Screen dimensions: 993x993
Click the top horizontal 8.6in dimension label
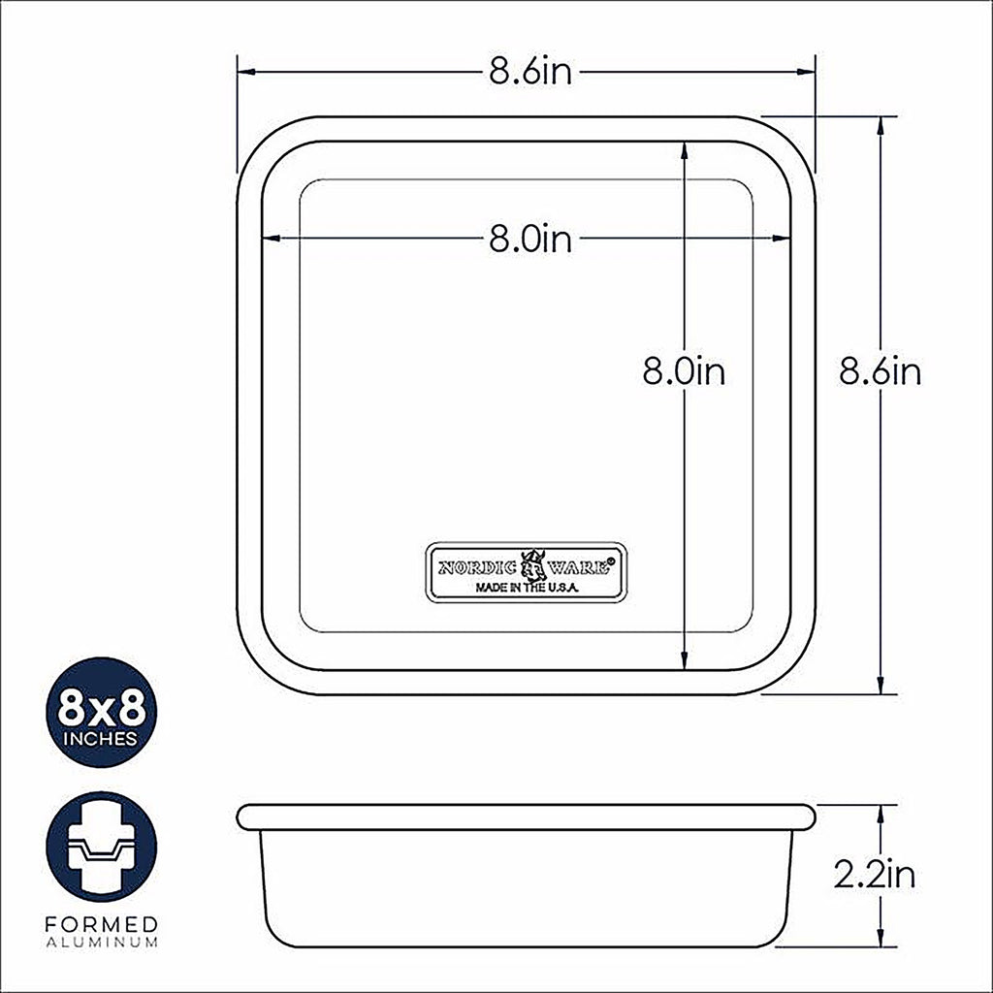[x=530, y=72]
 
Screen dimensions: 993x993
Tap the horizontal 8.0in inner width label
[x=530, y=240]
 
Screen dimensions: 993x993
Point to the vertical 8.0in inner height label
[x=684, y=371]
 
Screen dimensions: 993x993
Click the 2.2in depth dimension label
[x=875, y=875]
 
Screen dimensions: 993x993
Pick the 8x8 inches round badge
[x=101, y=712]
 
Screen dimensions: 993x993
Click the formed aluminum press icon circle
[x=101, y=847]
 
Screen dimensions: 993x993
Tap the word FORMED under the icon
[x=101, y=924]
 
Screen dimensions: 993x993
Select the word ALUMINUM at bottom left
[x=101, y=943]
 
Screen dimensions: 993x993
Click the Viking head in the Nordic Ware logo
[x=533, y=565]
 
